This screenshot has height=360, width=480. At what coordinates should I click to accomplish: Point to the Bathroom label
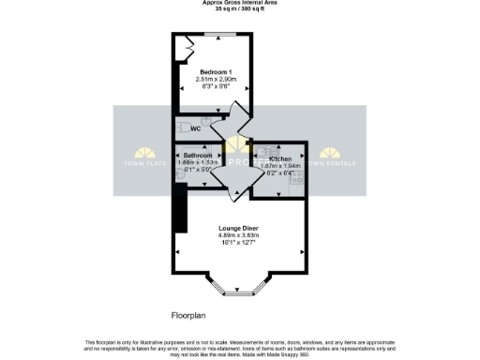(197, 155)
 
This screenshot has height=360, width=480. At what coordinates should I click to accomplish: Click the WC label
(198, 128)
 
